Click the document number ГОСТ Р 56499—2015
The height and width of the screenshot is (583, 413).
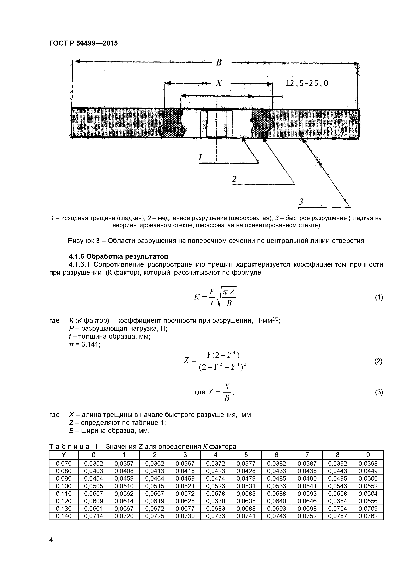[83, 43]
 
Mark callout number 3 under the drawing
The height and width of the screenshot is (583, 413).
[301, 202]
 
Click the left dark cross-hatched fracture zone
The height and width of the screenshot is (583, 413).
[172, 123]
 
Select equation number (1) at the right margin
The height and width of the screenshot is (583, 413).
[379, 297]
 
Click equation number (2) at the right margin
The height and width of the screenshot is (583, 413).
[378, 361]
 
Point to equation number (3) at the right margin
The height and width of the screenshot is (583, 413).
[379, 392]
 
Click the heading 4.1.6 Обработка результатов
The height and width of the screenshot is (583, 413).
[119, 256]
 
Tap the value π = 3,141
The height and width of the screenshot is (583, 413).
[85, 345]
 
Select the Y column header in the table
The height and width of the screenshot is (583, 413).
[64, 455]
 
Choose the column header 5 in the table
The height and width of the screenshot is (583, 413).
[246, 455]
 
